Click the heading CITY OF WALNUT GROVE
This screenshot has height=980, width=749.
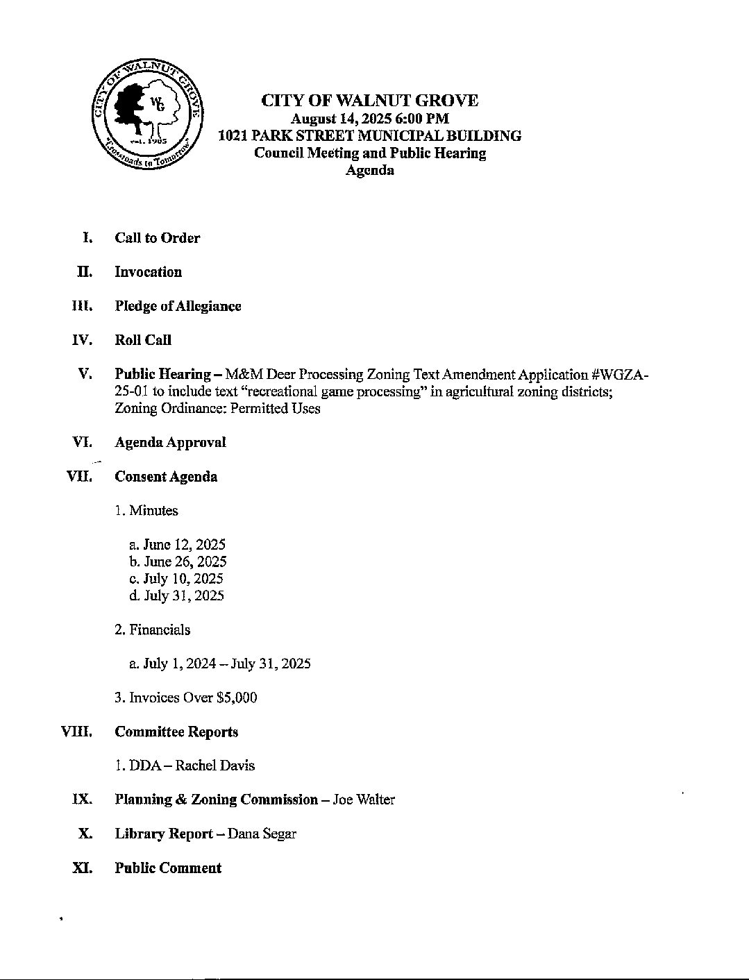(x=369, y=101)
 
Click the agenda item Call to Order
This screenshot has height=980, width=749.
(x=157, y=238)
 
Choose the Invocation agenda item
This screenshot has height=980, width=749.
(x=148, y=272)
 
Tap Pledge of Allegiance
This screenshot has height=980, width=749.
(x=178, y=306)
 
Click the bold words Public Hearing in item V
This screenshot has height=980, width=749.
(x=162, y=374)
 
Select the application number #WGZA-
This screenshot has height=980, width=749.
(x=621, y=374)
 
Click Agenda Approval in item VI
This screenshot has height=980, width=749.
(x=170, y=442)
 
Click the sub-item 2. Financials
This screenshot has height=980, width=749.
(x=152, y=630)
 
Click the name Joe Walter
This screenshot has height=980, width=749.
(x=364, y=800)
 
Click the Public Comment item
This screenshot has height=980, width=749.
(x=168, y=868)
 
